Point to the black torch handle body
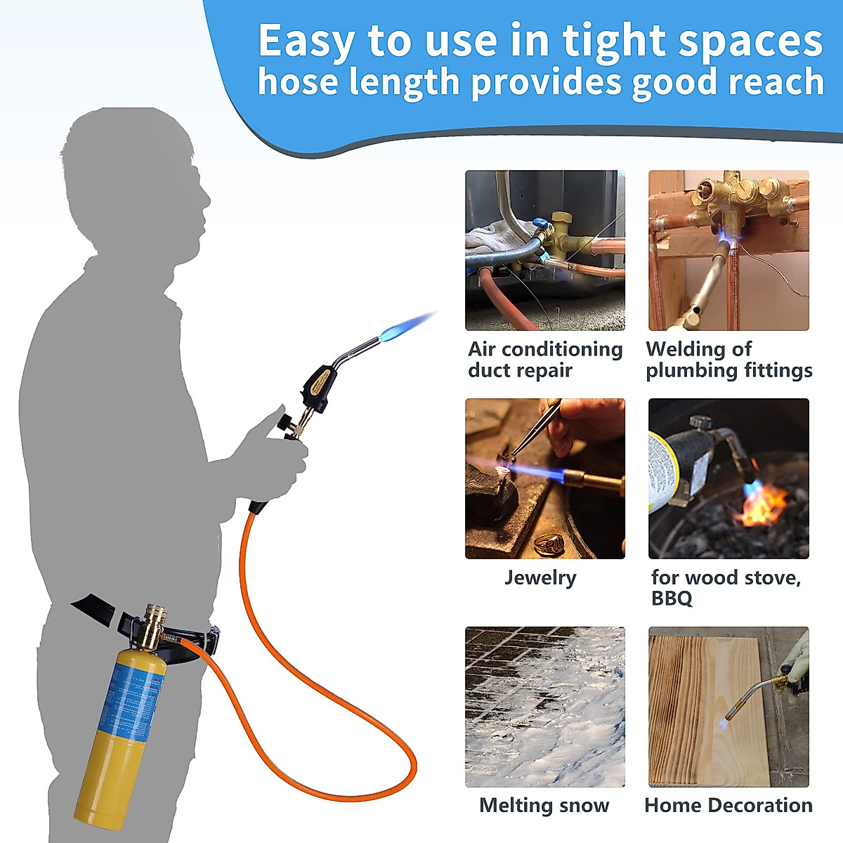pyautogui.click(x=320, y=380)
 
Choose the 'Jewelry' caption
pyautogui.click(x=540, y=577)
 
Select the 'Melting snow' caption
pyautogui.click(x=544, y=805)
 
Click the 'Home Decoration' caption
pyautogui.click(x=728, y=805)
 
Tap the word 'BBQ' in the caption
pyautogui.click(x=672, y=599)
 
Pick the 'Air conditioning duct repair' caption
pyautogui.click(x=545, y=360)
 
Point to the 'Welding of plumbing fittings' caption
pyautogui.click(x=728, y=360)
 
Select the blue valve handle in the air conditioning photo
pyautogui.click(x=540, y=229)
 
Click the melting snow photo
pyautogui.click(x=544, y=706)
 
